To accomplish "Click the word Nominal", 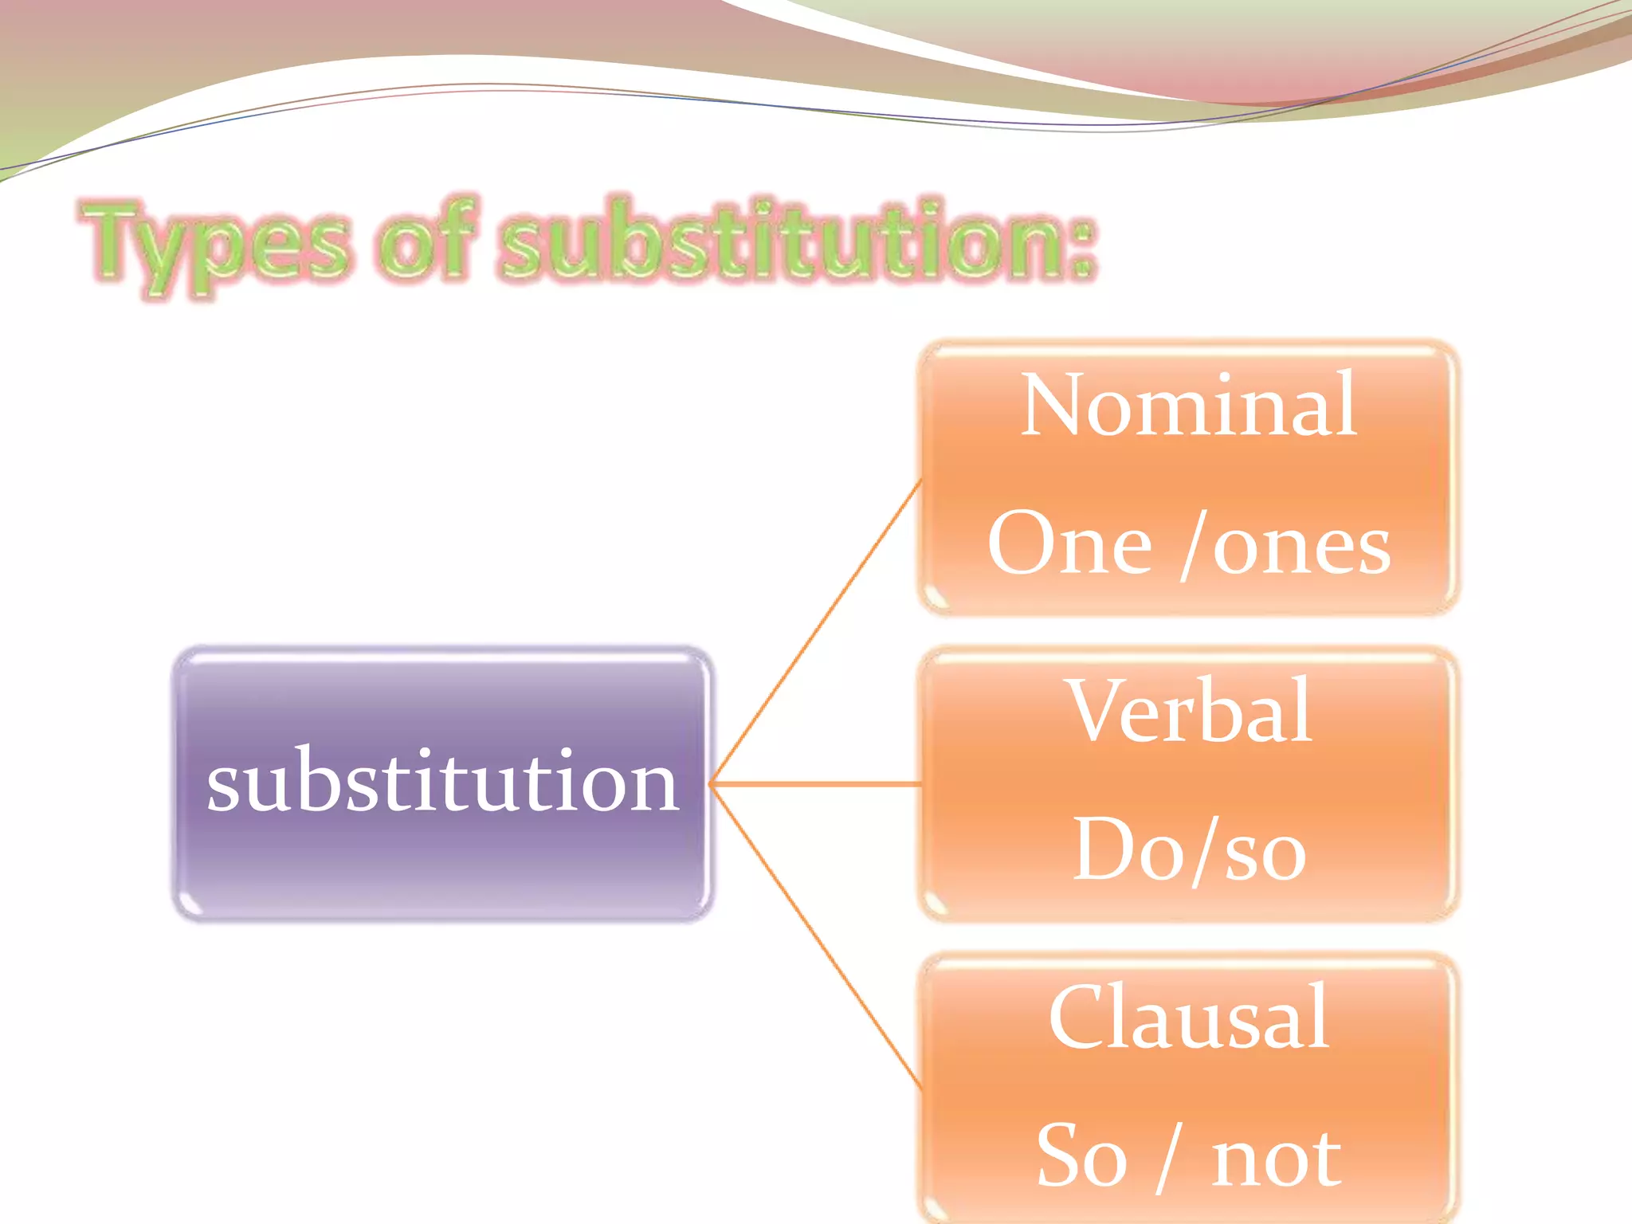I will [x=1188, y=406].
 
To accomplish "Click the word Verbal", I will [x=1190, y=712].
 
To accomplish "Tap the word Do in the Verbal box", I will [x=1124, y=850].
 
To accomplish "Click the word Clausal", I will [x=1188, y=1018].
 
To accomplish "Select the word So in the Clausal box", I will [x=1081, y=1156].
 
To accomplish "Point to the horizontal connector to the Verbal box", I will [x=817, y=785].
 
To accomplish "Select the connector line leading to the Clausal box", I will [x=817, y=937].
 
